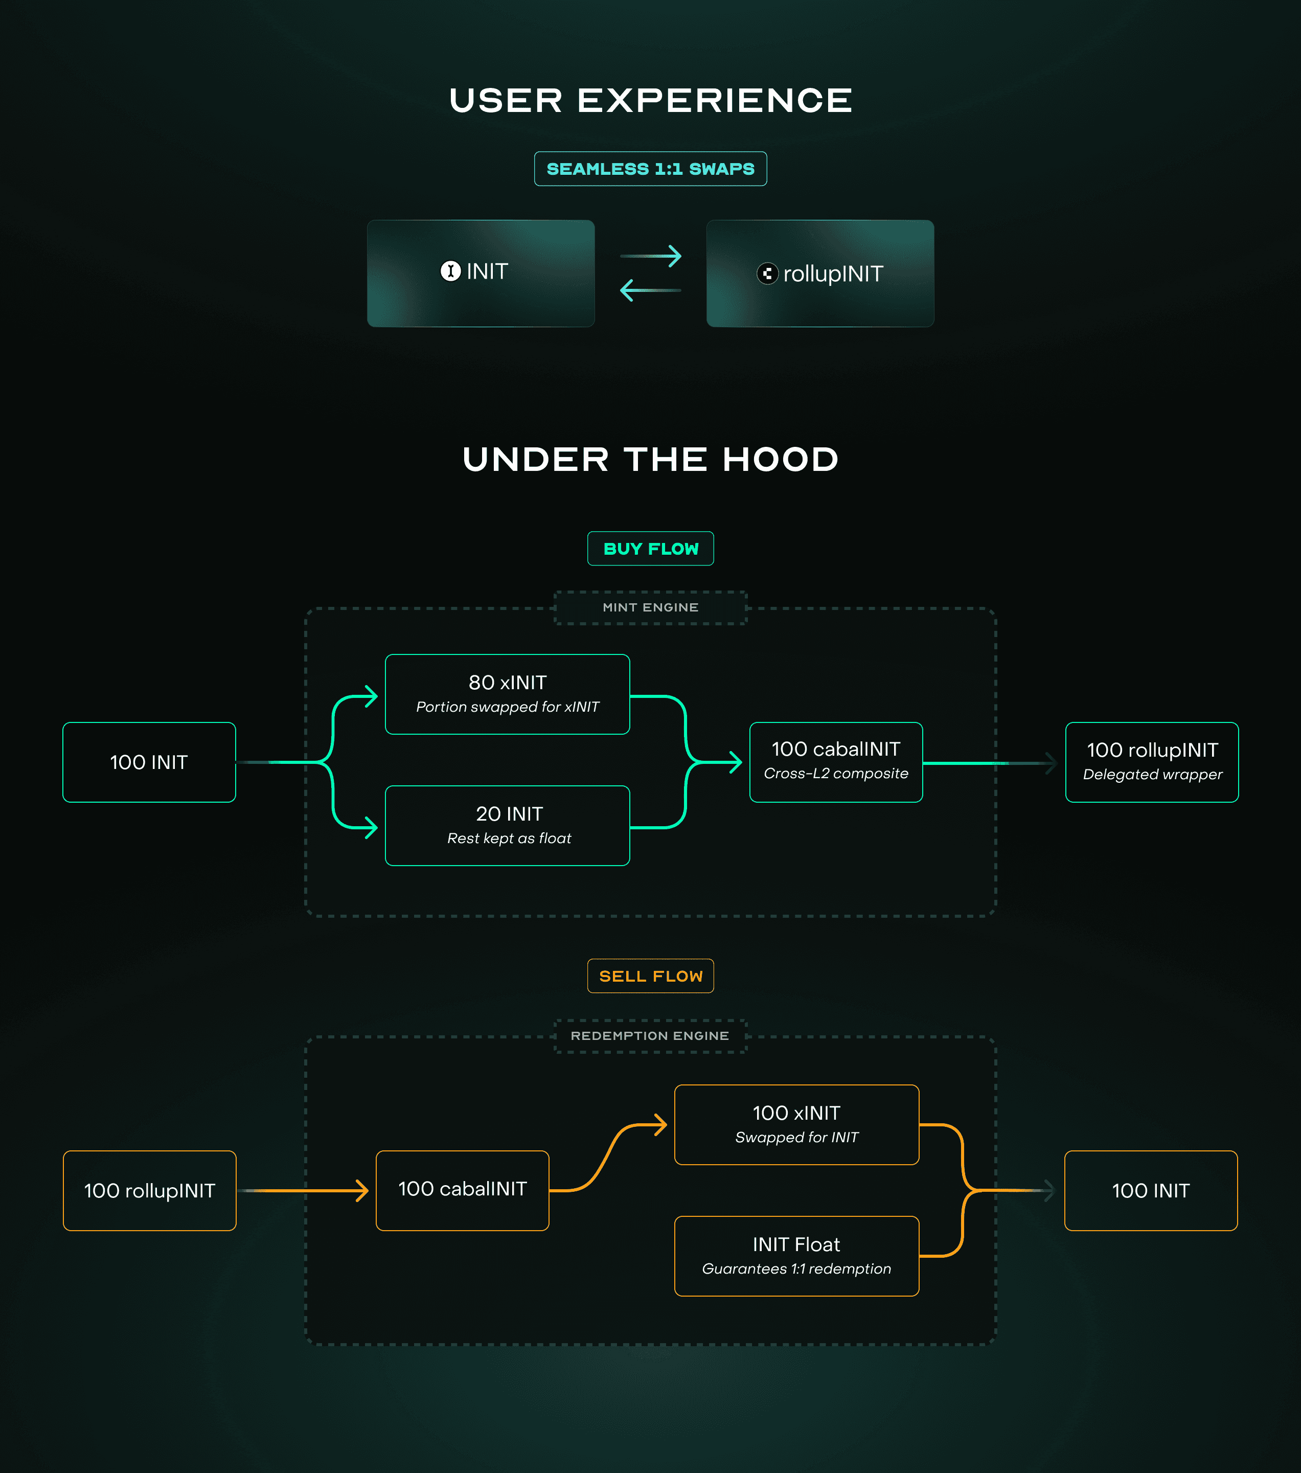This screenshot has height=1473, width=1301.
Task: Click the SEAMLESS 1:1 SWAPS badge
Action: click(x=650, y=169)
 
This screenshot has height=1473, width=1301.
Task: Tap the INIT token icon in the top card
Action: click(x=450, y=271)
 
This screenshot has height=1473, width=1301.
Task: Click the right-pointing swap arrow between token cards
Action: click(x=650, y=256)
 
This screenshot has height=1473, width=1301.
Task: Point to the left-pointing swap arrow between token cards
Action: click(x=650, y=290)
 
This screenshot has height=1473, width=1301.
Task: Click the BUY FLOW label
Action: click(x=650, y=549)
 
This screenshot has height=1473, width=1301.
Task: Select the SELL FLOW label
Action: click(x=650, y=976)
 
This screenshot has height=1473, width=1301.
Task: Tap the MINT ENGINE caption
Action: click(x=650, y=607)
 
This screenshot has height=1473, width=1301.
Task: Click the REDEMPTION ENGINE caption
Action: click(x=650, y=1035)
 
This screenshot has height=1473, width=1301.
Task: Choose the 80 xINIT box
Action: click(x=507, y=694)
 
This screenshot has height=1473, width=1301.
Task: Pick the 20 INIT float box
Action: click(x=507, y=825)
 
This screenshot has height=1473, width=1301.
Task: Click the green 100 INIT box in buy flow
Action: click(x=149, y=762)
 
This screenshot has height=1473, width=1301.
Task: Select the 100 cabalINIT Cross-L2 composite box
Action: click(x=836, y=762)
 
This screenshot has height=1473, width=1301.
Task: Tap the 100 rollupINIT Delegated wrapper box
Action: click(x=1151, y=762)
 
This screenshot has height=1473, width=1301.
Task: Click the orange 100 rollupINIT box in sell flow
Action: click(x=149, y=1190)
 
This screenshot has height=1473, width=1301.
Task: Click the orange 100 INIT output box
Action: click(x=1150, y=1190)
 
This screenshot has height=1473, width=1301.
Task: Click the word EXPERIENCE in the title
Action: click(x=715, y=100)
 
